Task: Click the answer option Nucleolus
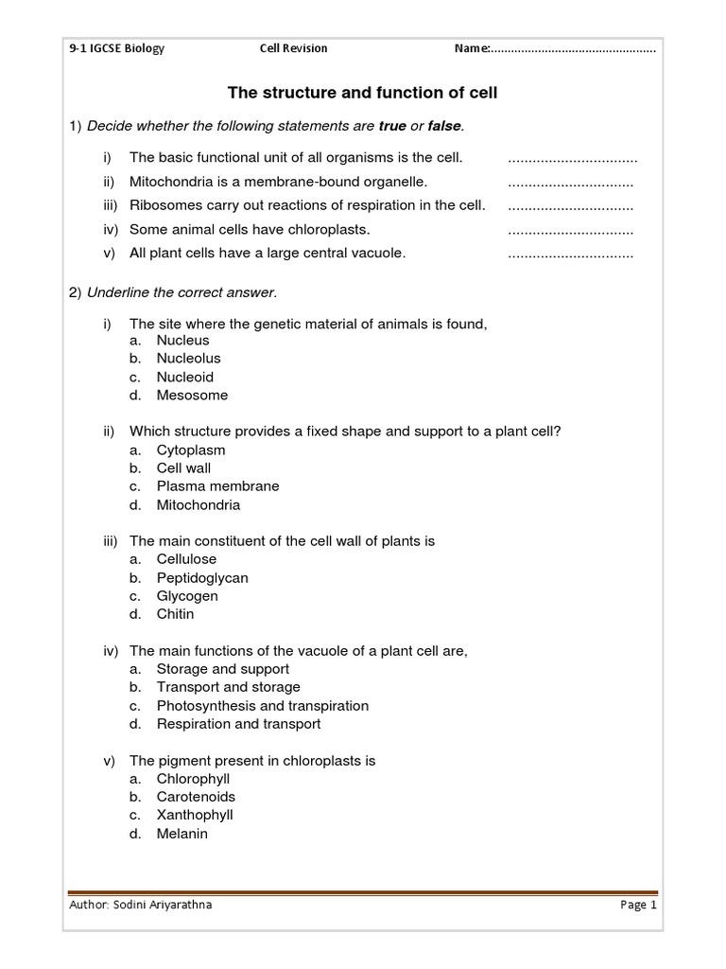click(188, 359)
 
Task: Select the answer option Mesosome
click(192, 396)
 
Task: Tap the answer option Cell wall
click(183, 468)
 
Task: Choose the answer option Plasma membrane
click(217, 486)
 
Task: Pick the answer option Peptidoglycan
click(202, 578)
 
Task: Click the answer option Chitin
click(175, 614)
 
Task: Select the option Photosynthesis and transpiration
click(262, 706)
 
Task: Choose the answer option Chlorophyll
click(193, 779)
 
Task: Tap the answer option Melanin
click(181, 834)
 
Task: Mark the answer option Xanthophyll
click(195, 815)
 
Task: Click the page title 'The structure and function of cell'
click(362, 93)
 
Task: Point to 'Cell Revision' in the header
click(294, 48)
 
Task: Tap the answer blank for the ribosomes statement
click(570, 206)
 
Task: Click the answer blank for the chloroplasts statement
click(570, 230)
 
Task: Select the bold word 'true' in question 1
click(391, 126)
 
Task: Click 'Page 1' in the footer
click(638, 905)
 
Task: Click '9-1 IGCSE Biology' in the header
click(117, 48)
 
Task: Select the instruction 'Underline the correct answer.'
click(181, 292)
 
